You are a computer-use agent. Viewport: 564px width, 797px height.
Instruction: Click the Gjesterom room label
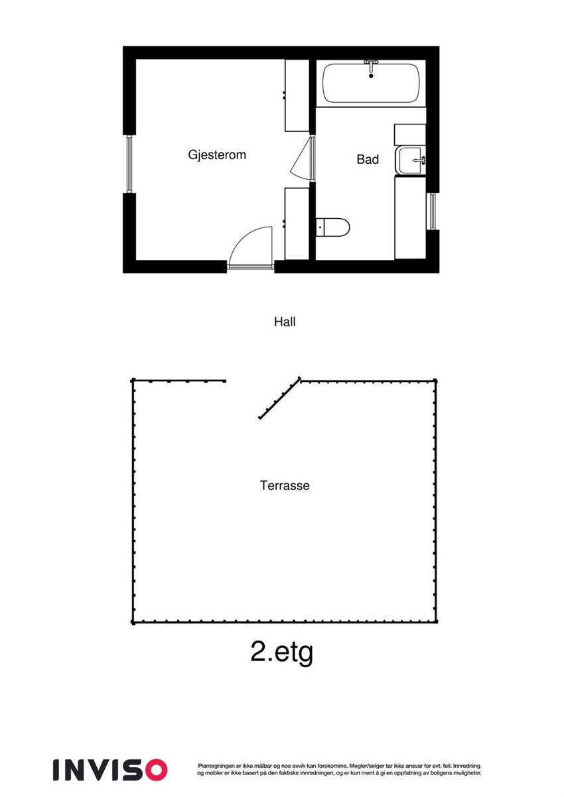pos(217,155)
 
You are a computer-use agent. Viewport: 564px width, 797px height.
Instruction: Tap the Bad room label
pos(368,159)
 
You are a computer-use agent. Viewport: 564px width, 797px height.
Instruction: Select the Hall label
pos(285,322)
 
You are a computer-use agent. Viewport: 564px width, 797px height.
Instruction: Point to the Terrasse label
pos(285,485)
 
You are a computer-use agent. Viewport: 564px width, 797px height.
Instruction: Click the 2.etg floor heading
pos(281,652)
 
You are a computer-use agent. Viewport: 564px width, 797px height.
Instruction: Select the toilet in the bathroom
pos(334,227)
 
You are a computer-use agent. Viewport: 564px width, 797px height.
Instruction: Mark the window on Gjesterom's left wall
pos(129,163)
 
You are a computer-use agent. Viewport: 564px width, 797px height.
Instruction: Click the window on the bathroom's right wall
pos(432,211)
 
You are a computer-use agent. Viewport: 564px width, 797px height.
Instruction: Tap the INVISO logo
pos(110,769)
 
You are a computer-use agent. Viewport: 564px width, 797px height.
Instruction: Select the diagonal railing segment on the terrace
pos(279,399)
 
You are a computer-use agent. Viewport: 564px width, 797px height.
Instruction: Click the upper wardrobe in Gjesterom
pos(297,95)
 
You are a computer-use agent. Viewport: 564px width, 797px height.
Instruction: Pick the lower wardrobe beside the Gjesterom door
pos(297,223)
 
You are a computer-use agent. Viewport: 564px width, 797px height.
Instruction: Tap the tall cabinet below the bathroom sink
pos(410,217)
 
